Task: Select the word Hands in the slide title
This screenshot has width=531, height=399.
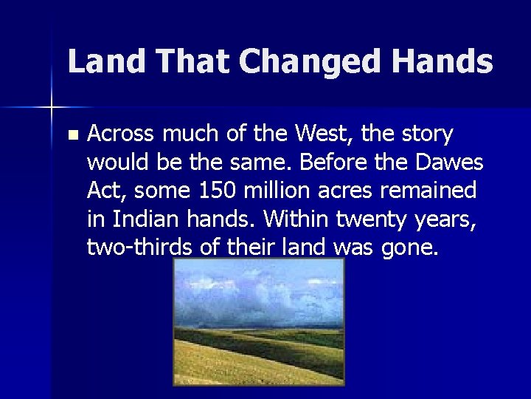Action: click(x=442, y=61)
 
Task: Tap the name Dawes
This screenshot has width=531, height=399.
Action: click(x=451, y=163)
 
